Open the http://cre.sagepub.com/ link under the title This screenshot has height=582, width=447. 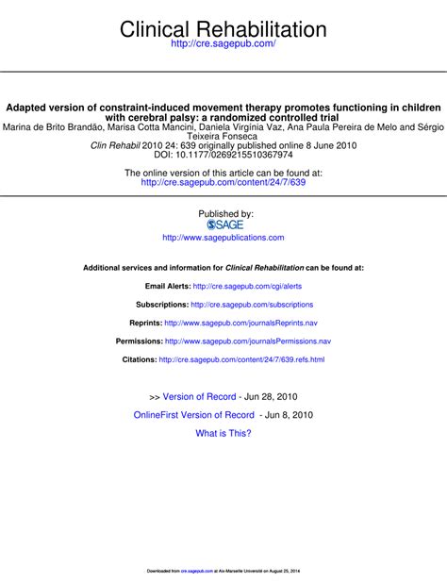click(x=223, y=44)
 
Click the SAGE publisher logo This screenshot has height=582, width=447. click(x=224, y=224)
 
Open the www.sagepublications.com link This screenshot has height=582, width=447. click(x=223, y=238)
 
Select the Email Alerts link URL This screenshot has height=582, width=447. click(x=247, y=286)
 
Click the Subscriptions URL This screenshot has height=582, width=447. click(x=252, y=305)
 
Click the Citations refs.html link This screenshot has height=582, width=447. click(x=241, y=359)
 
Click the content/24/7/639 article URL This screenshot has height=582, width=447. click(x=223, y=182)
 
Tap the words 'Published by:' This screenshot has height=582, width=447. click(x=225, y=213)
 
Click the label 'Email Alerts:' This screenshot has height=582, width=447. click(x=167, y=286)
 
